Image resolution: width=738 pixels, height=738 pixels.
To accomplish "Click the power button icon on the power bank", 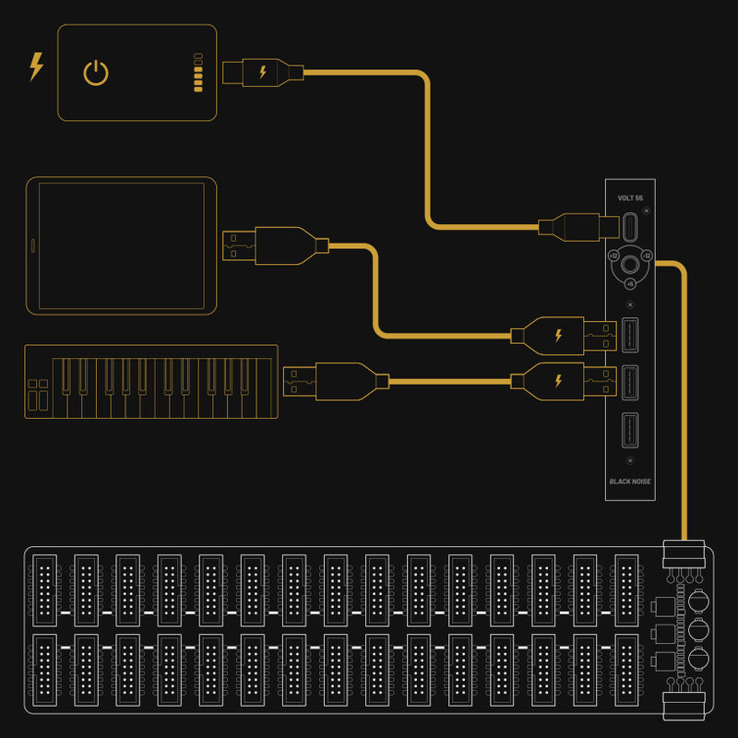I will pos(96,73).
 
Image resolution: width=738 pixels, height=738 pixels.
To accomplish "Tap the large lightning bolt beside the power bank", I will pos(36,66).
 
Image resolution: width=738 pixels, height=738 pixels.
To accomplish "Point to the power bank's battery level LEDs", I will pos(197,73).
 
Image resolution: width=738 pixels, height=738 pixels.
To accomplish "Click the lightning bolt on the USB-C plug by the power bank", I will pos(263,71).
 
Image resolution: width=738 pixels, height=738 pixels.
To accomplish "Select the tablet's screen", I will pos(121,245).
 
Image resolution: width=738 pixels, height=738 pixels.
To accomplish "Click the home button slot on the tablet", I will pos(34,245).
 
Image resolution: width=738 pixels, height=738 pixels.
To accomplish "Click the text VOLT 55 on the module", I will pos(630,198).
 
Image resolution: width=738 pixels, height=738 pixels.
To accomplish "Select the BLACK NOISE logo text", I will pos(630,481).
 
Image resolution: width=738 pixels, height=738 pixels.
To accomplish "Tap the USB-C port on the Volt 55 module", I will pos(631,227).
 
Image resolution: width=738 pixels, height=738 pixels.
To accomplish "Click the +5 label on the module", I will pos(630,284).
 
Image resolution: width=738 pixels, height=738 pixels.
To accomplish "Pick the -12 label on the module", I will pos(647,256).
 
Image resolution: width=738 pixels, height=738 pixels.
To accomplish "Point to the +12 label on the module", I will pos(614,256).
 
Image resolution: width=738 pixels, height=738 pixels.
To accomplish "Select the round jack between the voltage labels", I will pos(630,265).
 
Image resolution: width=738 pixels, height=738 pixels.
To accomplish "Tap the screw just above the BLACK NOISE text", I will pos(630,459).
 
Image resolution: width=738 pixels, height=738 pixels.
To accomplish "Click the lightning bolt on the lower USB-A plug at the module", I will pos(557,380).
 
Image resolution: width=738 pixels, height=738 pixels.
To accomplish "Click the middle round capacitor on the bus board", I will pos(697,633).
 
